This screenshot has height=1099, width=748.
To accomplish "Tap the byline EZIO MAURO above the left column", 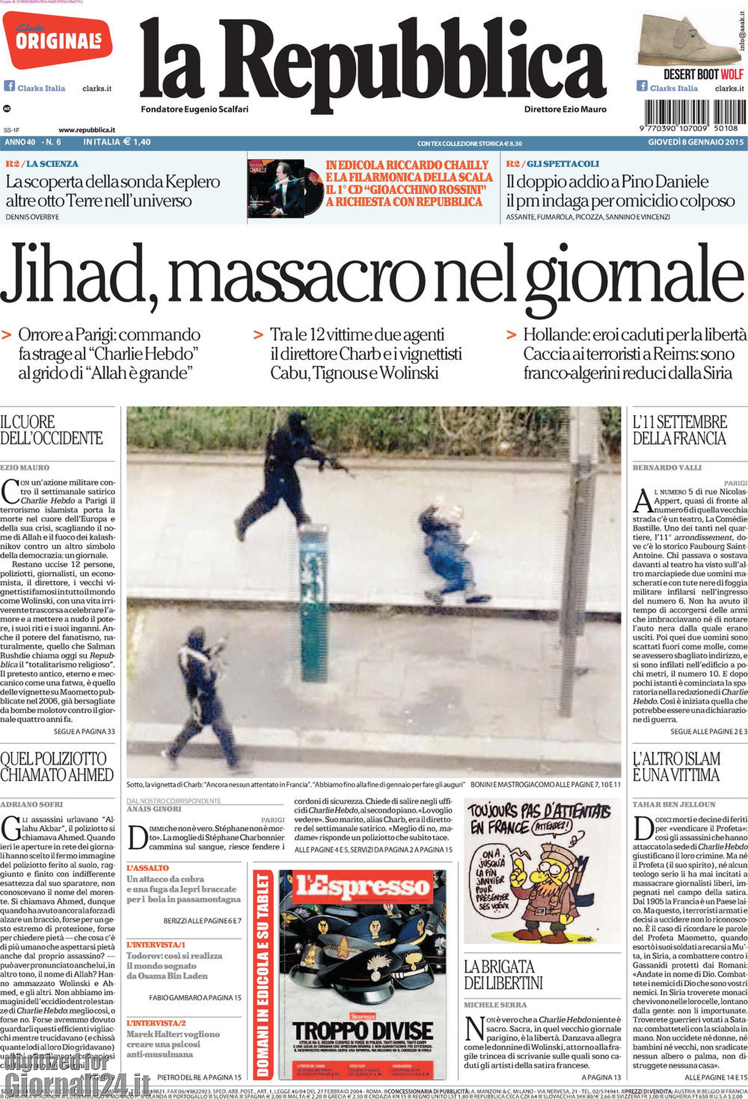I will [x=25, y=468].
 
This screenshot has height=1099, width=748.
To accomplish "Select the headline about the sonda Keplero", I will [x=113, y=191].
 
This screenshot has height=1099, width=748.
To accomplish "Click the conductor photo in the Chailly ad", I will [x=277, y=188].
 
